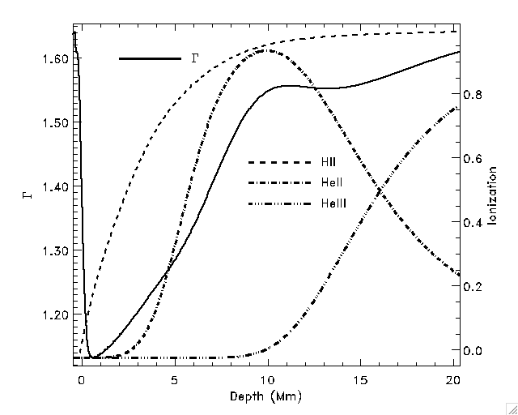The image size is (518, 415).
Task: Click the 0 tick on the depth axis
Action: (81, 379)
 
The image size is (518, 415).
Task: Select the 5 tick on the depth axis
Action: (174, 379)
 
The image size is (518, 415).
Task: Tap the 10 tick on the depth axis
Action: (268, 379)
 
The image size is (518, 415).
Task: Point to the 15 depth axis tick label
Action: (361, 379)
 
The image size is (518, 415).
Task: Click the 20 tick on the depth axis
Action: (454, 379)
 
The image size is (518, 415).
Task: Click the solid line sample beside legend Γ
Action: (150, 58)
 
